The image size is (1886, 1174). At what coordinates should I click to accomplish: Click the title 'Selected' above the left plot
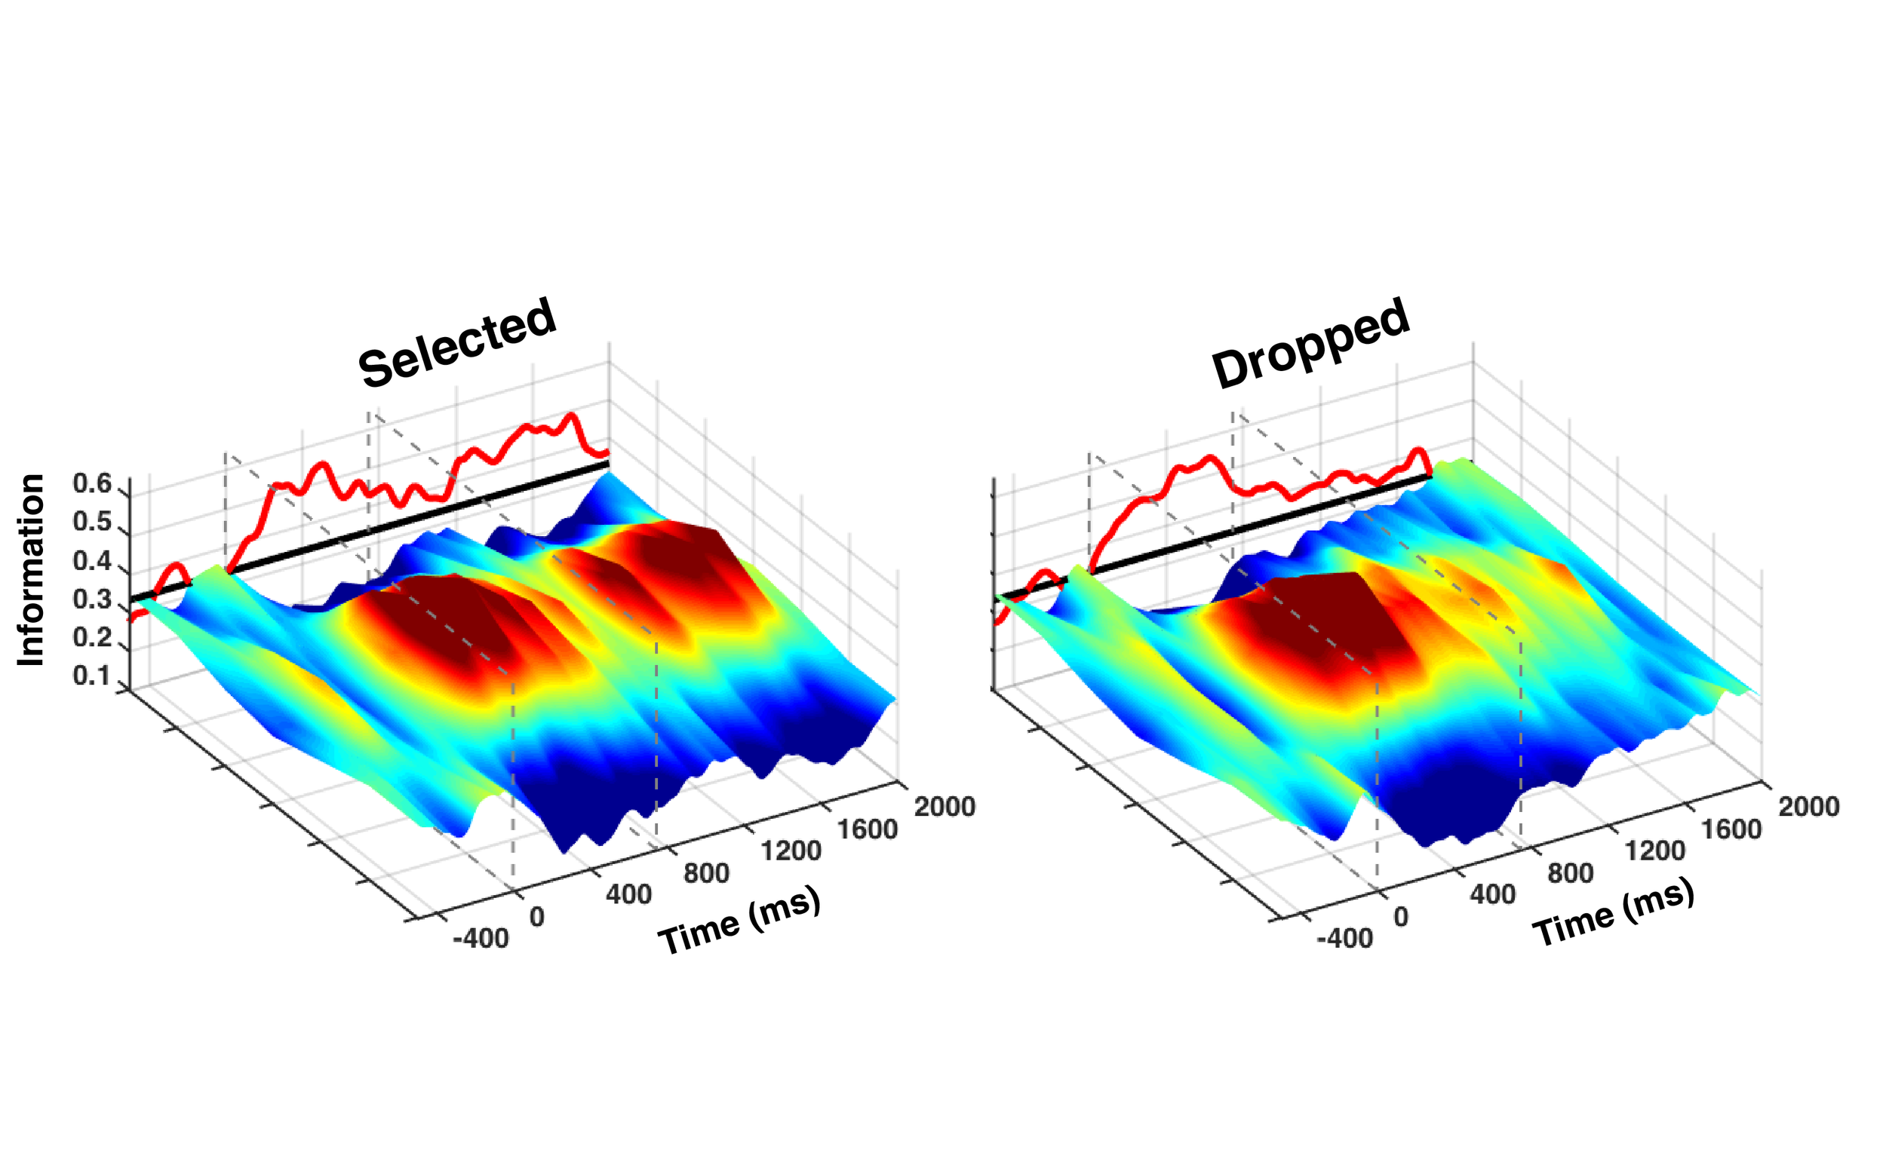[x=457, y=342]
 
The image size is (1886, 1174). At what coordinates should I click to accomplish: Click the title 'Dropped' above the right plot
[x=1310, y=342]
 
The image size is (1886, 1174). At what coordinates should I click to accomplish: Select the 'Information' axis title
[x=31, y=570]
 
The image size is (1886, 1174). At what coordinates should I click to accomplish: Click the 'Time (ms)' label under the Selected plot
[x=739, y=920]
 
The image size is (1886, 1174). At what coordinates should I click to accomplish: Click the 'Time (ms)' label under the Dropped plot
[x=1614, y=914]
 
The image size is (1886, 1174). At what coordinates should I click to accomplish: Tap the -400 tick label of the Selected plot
[x=481, y=939]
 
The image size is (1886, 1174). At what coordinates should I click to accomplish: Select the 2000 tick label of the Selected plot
[x=945, y=807]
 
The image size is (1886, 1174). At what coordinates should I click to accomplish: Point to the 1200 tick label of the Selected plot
[x=791, y=851]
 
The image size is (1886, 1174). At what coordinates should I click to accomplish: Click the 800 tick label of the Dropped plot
[x=1571, y=873]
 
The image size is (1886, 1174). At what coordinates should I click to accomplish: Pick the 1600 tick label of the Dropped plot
[x=1731, y=829]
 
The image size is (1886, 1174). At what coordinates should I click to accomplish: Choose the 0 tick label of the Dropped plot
[x=1400, y=917]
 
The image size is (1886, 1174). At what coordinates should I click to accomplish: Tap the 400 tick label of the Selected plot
[x=629, y=894]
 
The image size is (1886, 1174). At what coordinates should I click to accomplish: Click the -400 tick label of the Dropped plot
[x=1345, y=939]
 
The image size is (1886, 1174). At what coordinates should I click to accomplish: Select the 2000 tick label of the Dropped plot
[x=1809, y=807]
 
